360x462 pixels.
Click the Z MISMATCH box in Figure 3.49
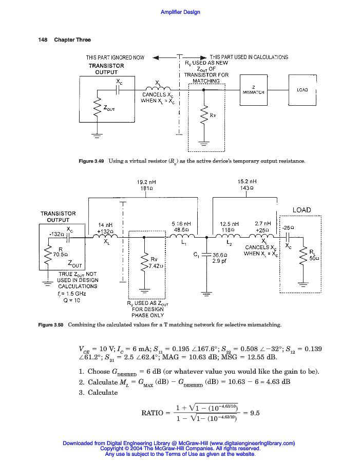point(254,90)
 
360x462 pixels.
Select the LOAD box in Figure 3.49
point(302,90)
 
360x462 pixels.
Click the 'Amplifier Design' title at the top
point(180,12)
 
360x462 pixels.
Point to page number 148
point(43,40)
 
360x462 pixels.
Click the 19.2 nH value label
point(146,182)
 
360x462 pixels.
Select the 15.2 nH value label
point(247,182)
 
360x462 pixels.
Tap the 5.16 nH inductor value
point(181,224)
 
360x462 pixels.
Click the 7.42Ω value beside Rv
point(156,266)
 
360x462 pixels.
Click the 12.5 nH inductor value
point(229,224)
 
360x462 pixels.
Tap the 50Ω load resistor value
point(314,258)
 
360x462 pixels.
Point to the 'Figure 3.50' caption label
point(52,325)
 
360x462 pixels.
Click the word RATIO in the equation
point(153,413)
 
